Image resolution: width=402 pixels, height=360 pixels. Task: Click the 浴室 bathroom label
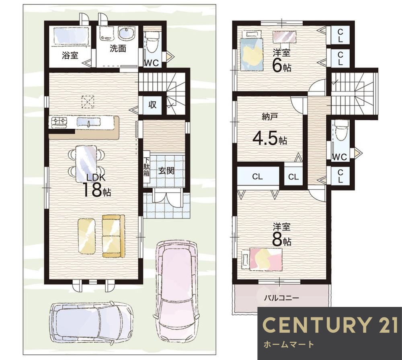pos(70,56)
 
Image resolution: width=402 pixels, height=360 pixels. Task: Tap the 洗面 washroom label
pos(118,48)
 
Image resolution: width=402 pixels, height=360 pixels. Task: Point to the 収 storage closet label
pos(152,105)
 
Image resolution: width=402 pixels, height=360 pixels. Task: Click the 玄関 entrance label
pos(166,171)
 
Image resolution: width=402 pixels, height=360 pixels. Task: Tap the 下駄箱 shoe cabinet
pos(146,167)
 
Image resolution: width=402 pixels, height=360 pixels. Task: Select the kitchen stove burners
pos(59,121)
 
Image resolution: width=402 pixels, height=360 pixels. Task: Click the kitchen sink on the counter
pos(88,121)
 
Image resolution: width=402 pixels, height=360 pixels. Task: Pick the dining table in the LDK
pos(86,163)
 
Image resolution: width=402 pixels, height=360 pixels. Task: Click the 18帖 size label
pos(96,190)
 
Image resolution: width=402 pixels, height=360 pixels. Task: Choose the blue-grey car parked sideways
pos(91,322)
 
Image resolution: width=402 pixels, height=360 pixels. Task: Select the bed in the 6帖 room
pos(252,53)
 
